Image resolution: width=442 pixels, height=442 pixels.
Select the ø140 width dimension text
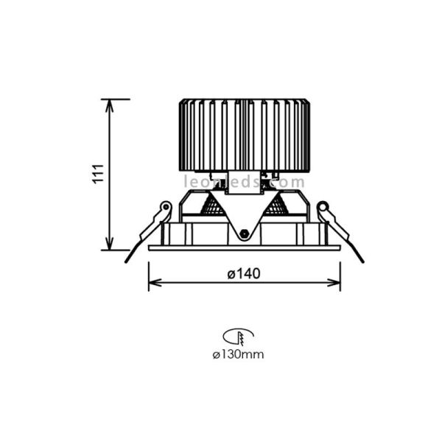(x=244, y=274)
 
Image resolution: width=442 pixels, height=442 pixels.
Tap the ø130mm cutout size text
(x=237, y=354)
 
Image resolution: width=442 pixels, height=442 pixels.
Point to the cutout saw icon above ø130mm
(x=241, y=337)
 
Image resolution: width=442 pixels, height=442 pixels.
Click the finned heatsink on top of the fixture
(x=244, y=136)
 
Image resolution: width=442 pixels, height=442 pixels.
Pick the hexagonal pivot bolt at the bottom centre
(x=244, y=235)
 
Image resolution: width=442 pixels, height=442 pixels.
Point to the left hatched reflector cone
(x=213, y=206)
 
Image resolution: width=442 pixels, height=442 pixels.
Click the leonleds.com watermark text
(x=244, y=182)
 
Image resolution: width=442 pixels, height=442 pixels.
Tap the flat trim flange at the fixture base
(x=244, y=248)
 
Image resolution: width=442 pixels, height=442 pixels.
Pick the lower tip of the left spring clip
(x=127, y=260)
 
